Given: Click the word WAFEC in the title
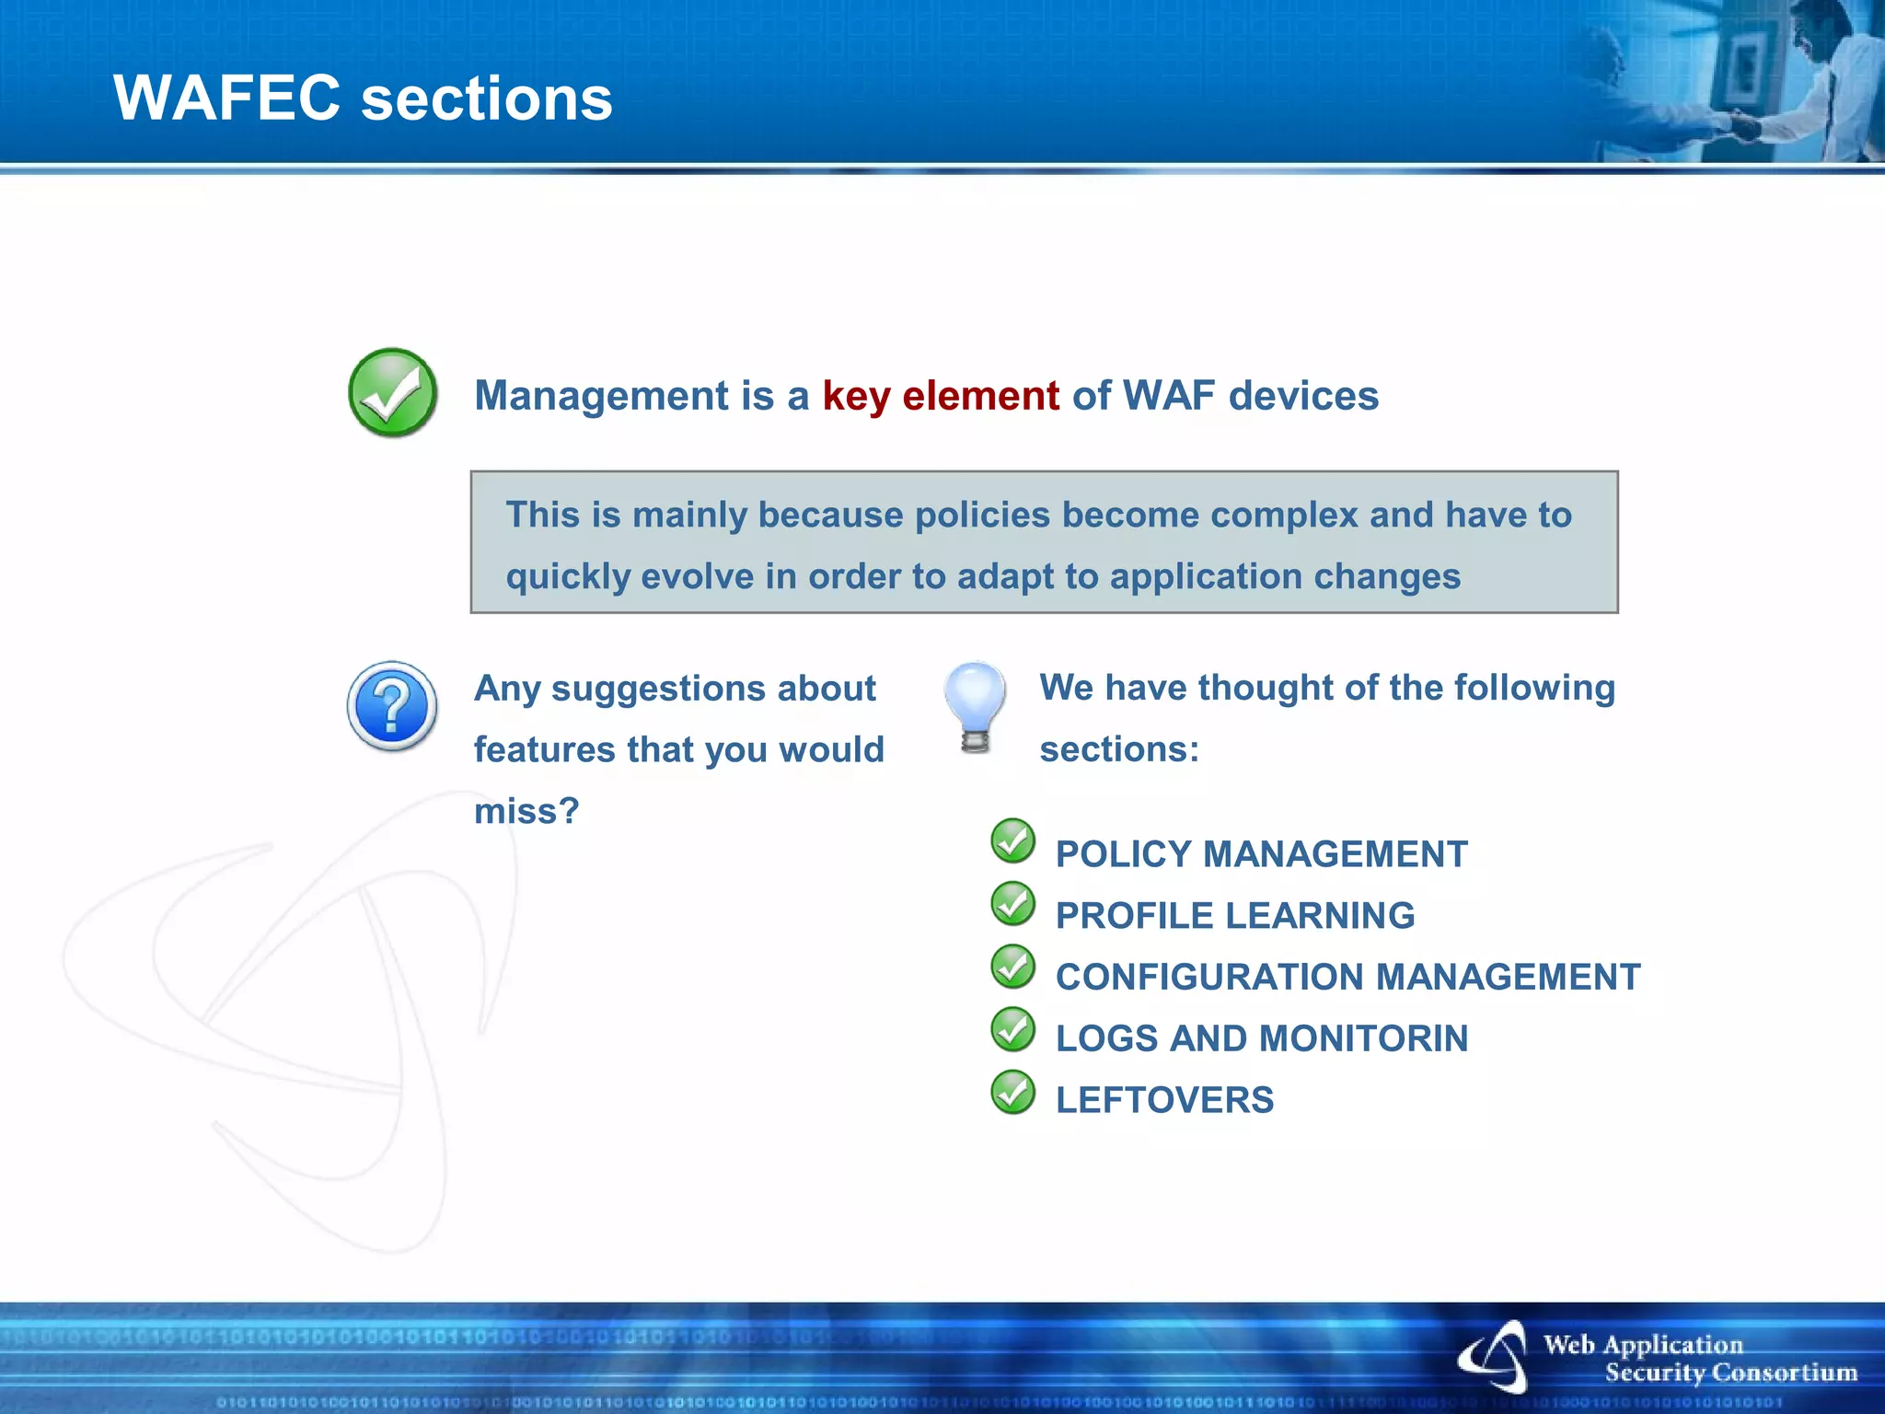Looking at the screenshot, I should pos(226,98).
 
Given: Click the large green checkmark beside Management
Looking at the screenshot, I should pos(393,393).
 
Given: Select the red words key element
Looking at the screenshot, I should pos(941,396).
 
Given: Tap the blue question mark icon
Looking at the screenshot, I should pos(392,706).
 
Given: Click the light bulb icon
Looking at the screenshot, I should pos(975,706).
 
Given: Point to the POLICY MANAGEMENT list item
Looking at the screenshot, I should pos(1261,854).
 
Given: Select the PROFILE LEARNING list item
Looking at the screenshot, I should pos(1234,916).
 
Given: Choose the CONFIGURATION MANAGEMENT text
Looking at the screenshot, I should pos(1347,977).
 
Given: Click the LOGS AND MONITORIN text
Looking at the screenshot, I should pos(1261,1038).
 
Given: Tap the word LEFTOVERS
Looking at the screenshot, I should pos(1164,1100).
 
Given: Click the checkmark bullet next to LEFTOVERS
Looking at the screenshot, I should pos(1013,1093).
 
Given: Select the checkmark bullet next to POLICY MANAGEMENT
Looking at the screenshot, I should pos(1013,841).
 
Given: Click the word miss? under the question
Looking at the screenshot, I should pos(526,811).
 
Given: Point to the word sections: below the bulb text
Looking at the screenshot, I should pos(1119,749).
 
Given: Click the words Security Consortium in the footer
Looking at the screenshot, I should pos(1730,1373).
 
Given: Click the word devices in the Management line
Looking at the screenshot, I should pos(1303,396).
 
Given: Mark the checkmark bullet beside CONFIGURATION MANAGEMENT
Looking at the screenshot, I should pos(1013,967).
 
